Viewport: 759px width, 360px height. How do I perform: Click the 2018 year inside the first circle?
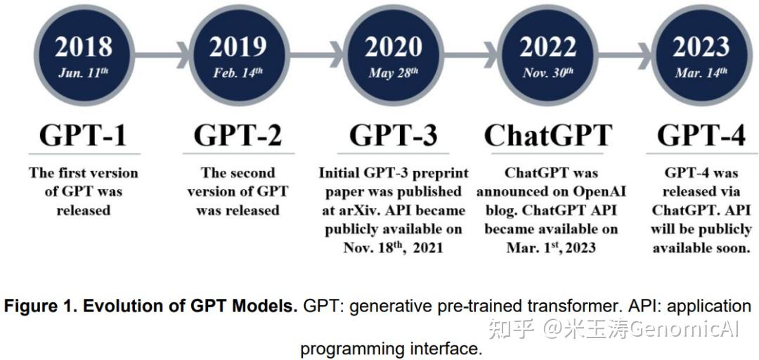[x=84, y=46]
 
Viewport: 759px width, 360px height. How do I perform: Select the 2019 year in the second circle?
[x=238, y=46]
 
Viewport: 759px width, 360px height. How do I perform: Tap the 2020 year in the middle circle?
[x=393, y=46]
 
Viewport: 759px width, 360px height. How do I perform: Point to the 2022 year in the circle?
[x=547, y=46]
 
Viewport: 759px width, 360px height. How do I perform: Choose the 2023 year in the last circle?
[x=701, y=46]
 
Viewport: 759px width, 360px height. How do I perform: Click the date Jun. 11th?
[x=84, y=72]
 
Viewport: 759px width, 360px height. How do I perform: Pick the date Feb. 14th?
[x=238, y=72]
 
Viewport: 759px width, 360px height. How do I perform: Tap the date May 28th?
[x=393, y=72]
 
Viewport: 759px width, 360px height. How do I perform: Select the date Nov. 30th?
[x=547, y=72]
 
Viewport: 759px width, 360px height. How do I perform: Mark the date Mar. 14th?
[x=701, y=72]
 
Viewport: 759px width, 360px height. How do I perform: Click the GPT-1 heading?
[x=84, y=134]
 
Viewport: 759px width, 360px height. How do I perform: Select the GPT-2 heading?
[x=238, y=134]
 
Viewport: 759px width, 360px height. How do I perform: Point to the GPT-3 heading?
[x=393, y=134]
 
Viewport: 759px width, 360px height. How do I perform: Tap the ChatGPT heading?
[x=547, y=134]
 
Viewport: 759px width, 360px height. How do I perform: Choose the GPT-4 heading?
[x=701, y=134]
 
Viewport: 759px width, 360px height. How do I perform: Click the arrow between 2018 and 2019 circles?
[x=161, y=51]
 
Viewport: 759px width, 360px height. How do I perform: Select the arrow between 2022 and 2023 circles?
[x=625, y=51]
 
